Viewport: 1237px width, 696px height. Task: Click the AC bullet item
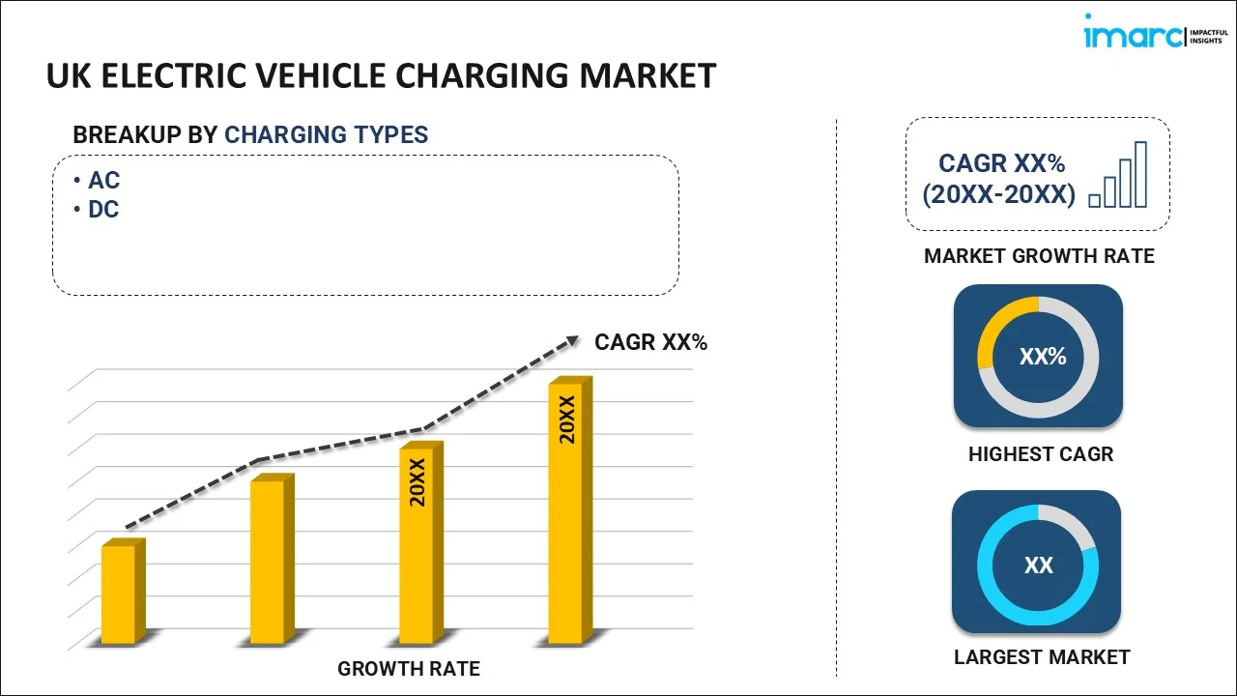pos(103,181)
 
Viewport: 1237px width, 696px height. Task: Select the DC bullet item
pos(103,210)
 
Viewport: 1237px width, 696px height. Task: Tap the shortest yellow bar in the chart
pos(119,594)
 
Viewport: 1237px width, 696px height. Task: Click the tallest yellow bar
pos(565,512)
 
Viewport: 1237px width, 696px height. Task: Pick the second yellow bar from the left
pos(268,561)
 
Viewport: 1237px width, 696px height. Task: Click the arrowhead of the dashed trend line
pos(571,340)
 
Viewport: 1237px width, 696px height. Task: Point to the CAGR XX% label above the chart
pos(650,342)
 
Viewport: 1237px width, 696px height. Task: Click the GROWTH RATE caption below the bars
pos(408,668)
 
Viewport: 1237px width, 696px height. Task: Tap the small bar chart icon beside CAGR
pos(1118,176)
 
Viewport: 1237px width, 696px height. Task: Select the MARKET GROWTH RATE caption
pos(1039,256)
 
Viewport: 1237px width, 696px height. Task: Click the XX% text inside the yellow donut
pos(1043,357)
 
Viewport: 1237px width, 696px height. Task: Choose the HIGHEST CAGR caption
pos(1041,453)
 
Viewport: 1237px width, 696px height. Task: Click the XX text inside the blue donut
pos(1039,565)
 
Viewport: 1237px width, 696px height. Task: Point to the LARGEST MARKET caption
pos(1041,657)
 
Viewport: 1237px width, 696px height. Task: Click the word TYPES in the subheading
pos(391,134)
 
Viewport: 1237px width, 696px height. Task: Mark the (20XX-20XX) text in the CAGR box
pos(998,195)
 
